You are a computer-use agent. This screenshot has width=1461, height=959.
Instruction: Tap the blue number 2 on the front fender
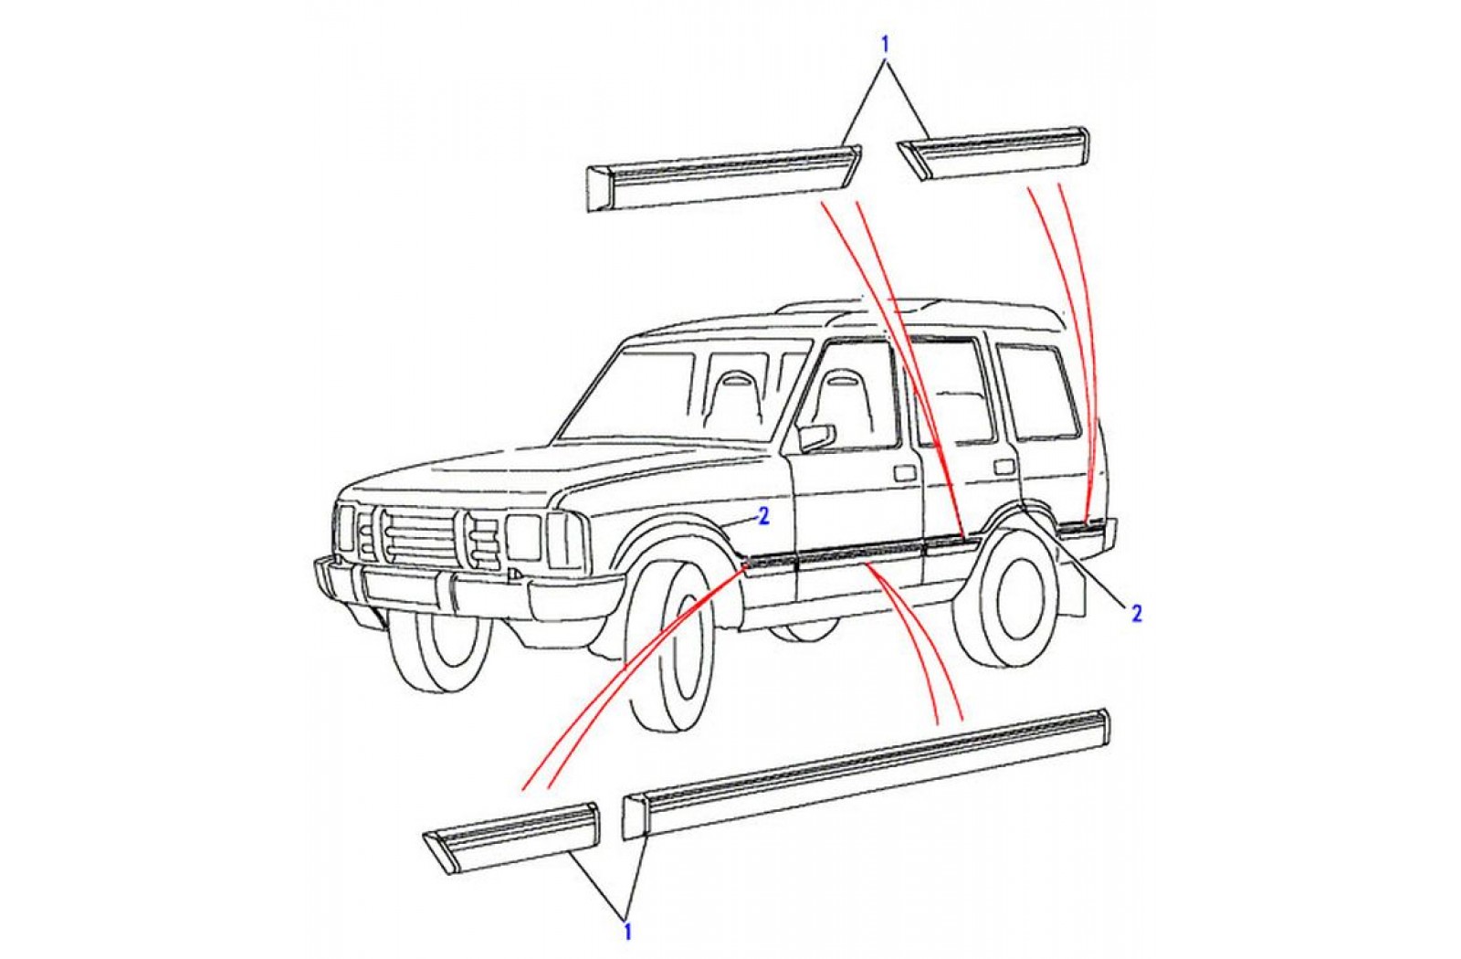[x=764, y=516]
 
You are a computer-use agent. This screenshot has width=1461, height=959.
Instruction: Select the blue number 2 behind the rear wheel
[x=1137, y=613]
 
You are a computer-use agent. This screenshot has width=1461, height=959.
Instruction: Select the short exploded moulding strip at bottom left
[x=511, y=838]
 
